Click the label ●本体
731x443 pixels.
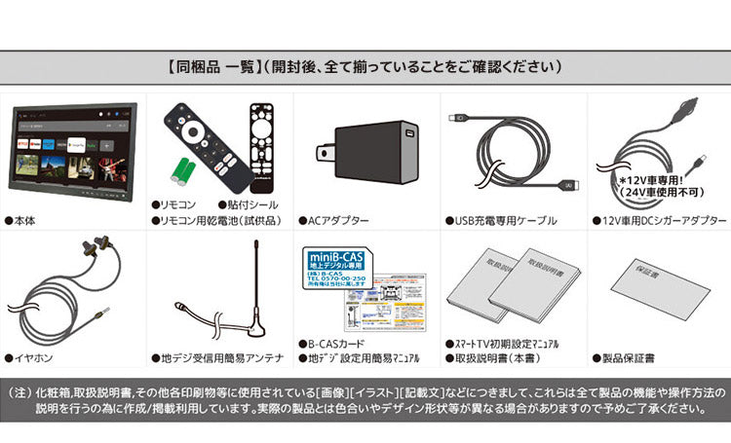click(22, 221)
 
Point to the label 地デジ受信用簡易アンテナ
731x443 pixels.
click(209, 358)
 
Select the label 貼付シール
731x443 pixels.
click(250, 205)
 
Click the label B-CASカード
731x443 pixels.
click(337, 344)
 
